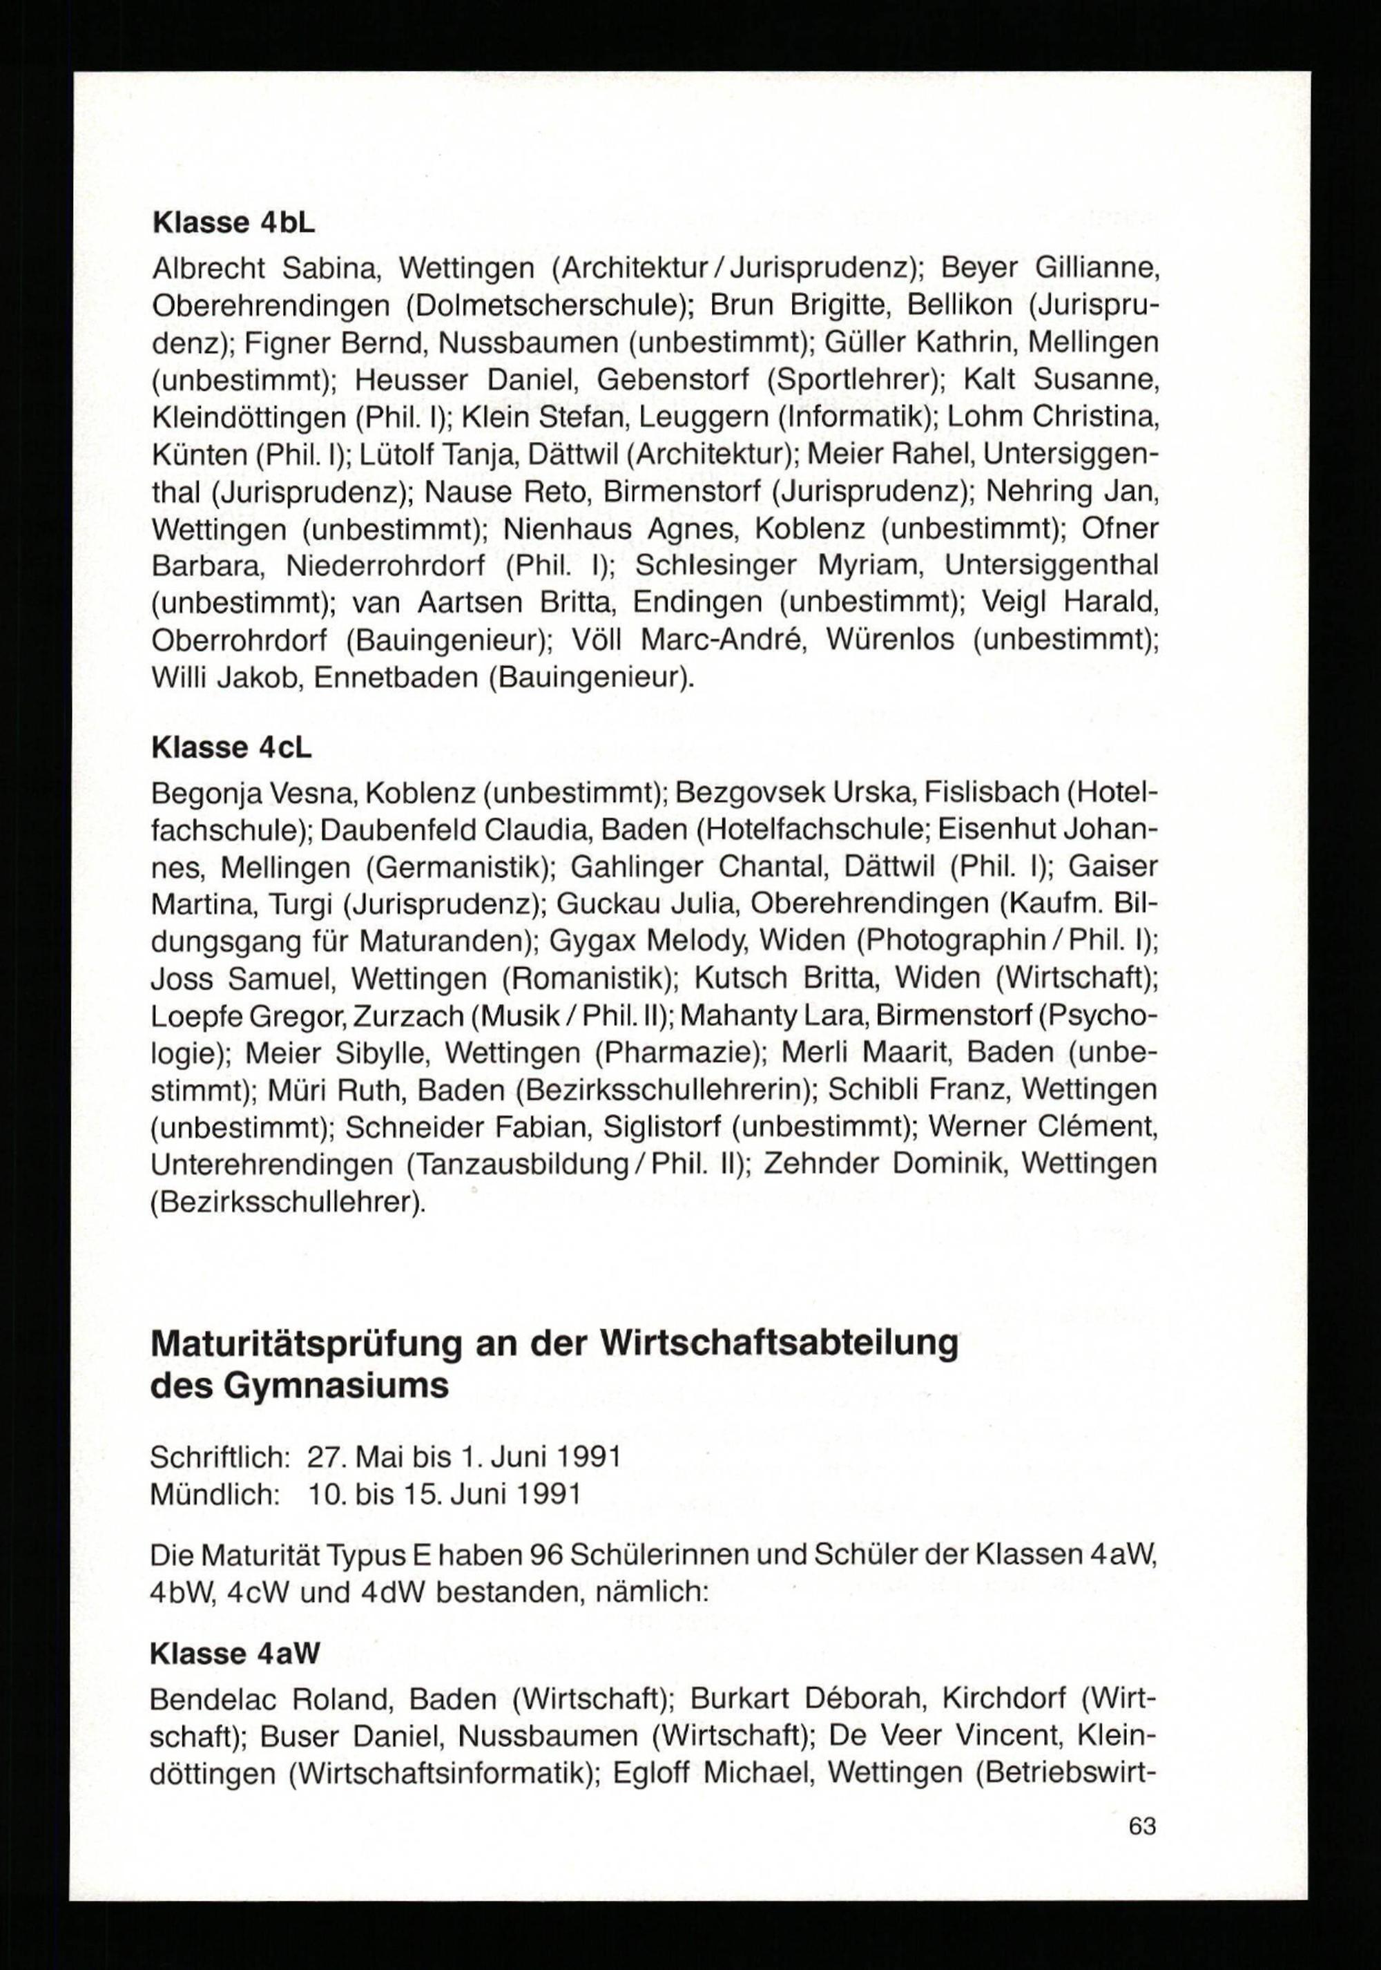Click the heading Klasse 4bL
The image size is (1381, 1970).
click(233, 223)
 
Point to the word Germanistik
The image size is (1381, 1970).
click(457, 868)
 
